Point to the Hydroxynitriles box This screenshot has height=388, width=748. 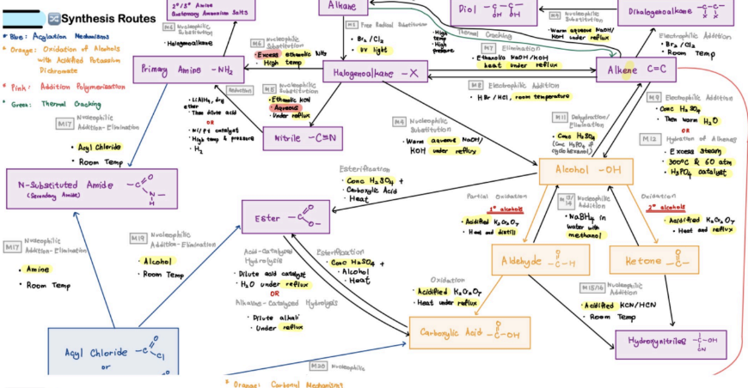tap(671, 342)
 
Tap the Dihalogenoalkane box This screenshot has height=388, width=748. tap(688, 12)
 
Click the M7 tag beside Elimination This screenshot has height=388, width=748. tap(487, 48)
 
